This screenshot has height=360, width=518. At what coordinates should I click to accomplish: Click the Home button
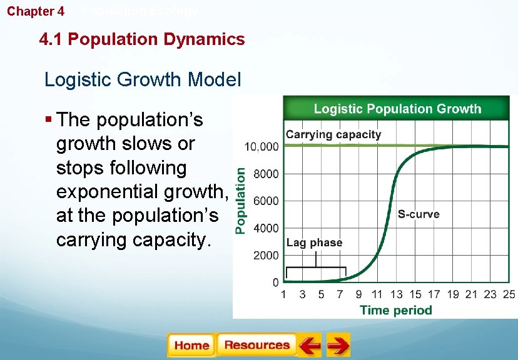pyautogui.click(x=191, y=346)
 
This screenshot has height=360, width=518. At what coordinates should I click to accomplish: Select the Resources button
pyautogui.click(x=256, y=346)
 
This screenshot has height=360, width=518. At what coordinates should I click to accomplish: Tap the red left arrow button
pyautogui.click(x=309, y=346)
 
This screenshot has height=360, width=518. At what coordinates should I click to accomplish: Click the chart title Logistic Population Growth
pyautogui.click(x=397, y=109)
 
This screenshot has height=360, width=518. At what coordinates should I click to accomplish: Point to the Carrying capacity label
pyautogui.click(x=333, y=134)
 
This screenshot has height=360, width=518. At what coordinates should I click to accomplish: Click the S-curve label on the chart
pyautogui.click(x=419, y=214)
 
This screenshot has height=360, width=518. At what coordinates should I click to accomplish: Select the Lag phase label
pyautogui.click(x=314, y=243)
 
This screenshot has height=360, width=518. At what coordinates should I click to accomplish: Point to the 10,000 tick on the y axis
pyautogui.click(x=262, y=147)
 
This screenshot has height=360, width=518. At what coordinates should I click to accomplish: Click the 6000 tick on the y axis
pyautogui.click(x=267, y=201)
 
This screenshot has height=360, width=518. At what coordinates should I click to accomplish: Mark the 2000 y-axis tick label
pyautogui.click(x=267, y=256)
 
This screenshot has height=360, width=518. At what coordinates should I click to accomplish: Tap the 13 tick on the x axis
pyautogui.click(x=396, y=294)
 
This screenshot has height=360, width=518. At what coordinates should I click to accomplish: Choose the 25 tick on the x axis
pyautogui.click(x=509, y=294)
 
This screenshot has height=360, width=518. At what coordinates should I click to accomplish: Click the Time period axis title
pyautogui.click(x=395, y=310)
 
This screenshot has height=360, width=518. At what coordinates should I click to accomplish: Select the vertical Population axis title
pyautogui.click(x=241, y=200)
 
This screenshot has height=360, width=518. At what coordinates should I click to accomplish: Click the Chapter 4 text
pyautogui.click(x=36, y=11)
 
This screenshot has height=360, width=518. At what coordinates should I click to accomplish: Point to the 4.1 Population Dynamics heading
pyautogui.click(x=142, y=39)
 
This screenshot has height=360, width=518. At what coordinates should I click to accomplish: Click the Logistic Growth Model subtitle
pyautogui.click(x=143, y=80)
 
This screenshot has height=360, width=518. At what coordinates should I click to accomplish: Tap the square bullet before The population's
pyautogui.click(x=48, y=119)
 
